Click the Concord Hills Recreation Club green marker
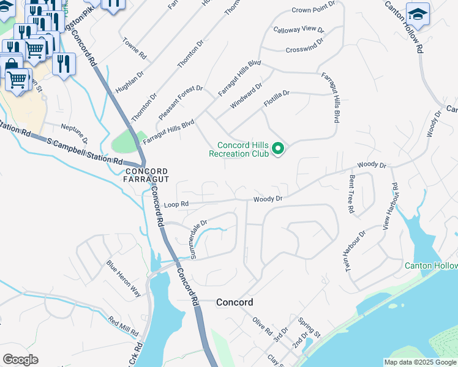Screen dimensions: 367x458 (x=279, y=149)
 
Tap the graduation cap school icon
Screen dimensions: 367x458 (x=418, y=13)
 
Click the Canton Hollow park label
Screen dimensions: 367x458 (x=431, y=265)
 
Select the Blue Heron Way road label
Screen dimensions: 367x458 (x=123, y=279)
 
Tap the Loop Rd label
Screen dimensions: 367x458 (x=176, y=204)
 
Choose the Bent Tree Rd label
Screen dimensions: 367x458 (x=351, y=194)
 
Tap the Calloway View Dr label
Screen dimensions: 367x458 (x=298, y=29)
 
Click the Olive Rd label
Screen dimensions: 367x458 (x=263, y=326)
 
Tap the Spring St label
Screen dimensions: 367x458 (x=309, y=327)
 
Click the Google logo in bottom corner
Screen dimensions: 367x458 (x=20, y=360)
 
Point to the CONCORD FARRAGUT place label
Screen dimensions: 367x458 (x=146, y=175)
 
